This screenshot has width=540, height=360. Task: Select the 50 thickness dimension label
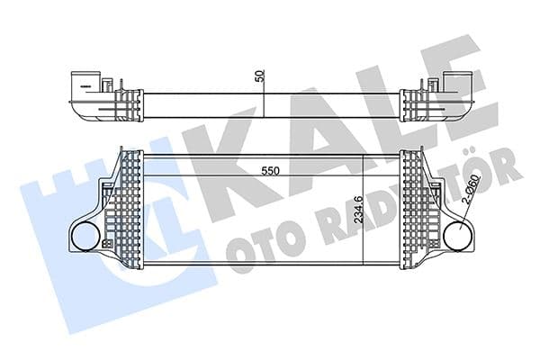pos(261,75)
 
